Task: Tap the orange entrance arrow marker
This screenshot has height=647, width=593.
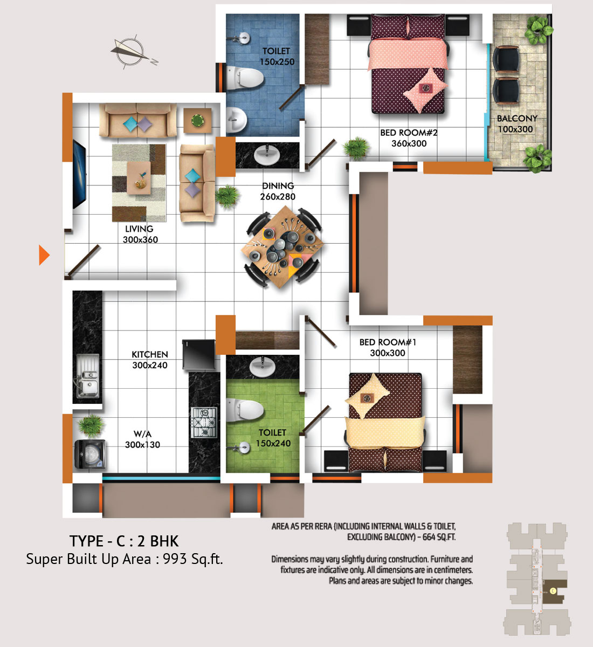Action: [44, 255]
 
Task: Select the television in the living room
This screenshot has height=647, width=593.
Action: [79, 174]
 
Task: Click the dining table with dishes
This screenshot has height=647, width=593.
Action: [282, 247]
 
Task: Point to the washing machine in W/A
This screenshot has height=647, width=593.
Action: [90, 454]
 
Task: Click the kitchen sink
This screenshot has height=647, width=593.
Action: [88, 376]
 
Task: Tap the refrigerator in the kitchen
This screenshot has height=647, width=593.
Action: [198, 354]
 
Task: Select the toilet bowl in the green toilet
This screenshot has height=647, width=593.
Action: [245, 410]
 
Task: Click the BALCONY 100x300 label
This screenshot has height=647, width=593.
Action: [516, 124]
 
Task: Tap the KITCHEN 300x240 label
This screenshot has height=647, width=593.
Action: [150, 360]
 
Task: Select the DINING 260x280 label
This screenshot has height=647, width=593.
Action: [278, 191]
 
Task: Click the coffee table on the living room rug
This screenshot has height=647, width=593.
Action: [139, 178]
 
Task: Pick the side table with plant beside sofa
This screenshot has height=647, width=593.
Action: [197, 121]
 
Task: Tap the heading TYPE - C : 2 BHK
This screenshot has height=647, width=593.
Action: [124, 541]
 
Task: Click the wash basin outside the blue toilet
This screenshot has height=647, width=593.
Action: [267, 155]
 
